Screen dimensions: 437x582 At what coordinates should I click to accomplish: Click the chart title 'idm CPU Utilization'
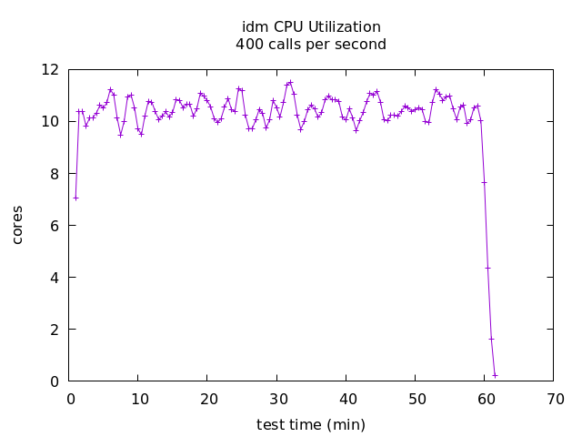(311, 27)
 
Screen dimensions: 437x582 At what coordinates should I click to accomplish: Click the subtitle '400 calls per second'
(311, 45)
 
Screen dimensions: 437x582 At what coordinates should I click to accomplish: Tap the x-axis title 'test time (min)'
(311, 425)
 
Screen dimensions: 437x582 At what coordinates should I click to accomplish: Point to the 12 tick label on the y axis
(51, 69)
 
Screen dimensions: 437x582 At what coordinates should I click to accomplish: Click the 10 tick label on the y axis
(51, 121)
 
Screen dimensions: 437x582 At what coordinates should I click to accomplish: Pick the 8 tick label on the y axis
(55, 173)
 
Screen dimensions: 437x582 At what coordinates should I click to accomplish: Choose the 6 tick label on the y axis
(55, 225)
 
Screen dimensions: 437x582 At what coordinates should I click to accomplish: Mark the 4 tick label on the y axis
(55, 277)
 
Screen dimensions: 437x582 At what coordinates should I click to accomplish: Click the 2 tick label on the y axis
(55, 329)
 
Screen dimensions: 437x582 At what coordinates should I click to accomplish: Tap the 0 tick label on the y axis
(55, 381)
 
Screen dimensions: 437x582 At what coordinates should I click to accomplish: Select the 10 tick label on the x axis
(140, 399)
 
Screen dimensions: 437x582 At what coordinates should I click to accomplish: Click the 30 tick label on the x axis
(278, 399)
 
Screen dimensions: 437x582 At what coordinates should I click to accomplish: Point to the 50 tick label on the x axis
(416, 399)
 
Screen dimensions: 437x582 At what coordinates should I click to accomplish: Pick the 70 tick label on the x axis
(555, 399)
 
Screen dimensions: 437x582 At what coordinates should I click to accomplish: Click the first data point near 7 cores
(75, 198)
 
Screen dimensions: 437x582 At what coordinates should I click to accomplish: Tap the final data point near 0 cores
(495, 375)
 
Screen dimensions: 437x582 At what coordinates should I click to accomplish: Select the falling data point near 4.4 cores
(487, 268)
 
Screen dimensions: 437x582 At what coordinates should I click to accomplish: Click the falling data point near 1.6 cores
(491, 339)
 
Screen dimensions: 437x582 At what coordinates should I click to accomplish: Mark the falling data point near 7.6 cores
(484, 182)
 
